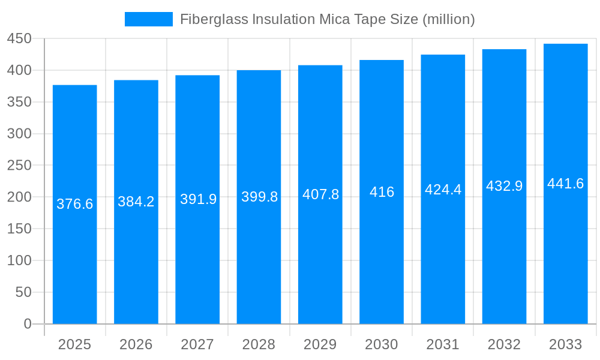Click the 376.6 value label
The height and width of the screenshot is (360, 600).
point(75,204)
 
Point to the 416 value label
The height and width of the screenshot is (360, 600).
point(382,192)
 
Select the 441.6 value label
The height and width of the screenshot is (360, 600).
point(566,184)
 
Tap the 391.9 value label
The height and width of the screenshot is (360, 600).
point(198,199)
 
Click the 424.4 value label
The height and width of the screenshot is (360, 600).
point(443,190)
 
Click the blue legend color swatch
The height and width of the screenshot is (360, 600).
point(148,19)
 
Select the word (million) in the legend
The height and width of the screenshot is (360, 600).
point(448,19)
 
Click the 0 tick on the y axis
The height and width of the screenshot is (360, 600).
point(27,324)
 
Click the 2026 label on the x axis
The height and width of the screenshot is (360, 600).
point(136,344)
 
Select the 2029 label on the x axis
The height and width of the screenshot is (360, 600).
point(320,344)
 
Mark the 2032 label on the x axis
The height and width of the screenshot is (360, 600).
point(504,344)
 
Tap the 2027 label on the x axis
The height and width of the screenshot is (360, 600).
point(197,344)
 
